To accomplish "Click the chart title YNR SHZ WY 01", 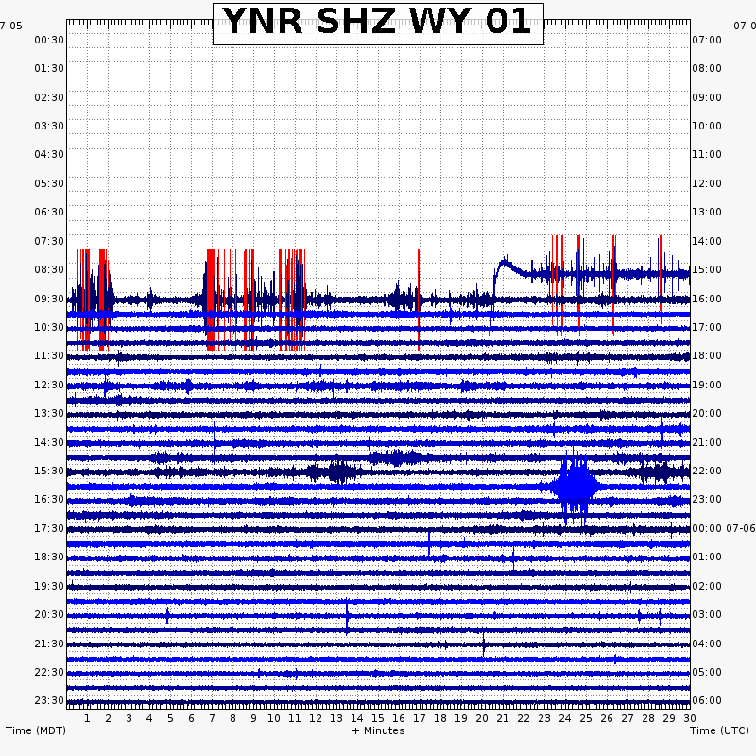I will coord(378,23).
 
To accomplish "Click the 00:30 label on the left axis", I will coord(49,40).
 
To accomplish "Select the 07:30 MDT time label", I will coord(49,241).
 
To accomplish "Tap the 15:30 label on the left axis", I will coord(49,471).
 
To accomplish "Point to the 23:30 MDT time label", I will coord(49,700).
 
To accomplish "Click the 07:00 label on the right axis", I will coord(707,40).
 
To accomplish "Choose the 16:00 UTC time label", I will coord(707,299).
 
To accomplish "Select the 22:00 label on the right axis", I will coord(707,471).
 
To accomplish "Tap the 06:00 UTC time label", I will coord(707,700).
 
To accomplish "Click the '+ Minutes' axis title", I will coord(378,730).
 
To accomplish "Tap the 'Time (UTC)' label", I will coord(720,730).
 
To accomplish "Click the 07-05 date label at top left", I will coord(11,26).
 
